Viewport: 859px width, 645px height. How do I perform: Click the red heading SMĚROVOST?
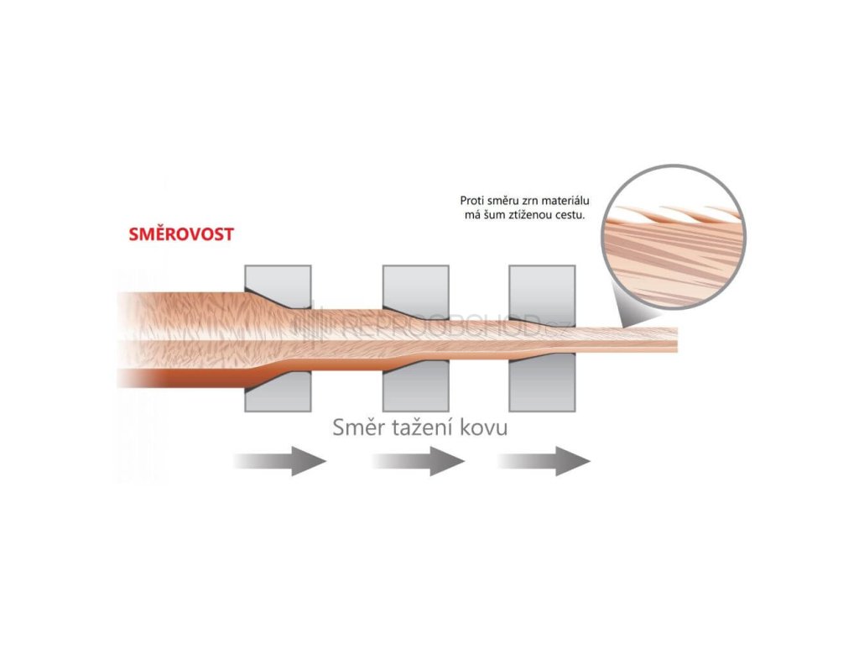pyautogui.click(x=181, y=234)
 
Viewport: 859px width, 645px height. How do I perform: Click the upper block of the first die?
pyautogui.click(x=279, y=281)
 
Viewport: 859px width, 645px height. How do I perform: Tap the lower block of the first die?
pyautogui.click(x=279, y=393)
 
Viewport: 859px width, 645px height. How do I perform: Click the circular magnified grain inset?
pyautogui.click(x=674, y=238)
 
